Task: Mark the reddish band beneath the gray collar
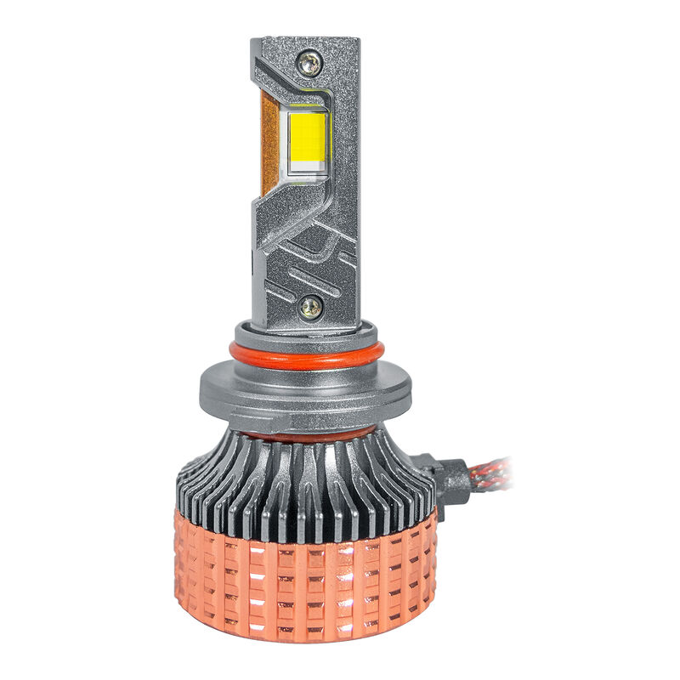tap(306, 433)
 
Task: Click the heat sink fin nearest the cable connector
tap(425, 484)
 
